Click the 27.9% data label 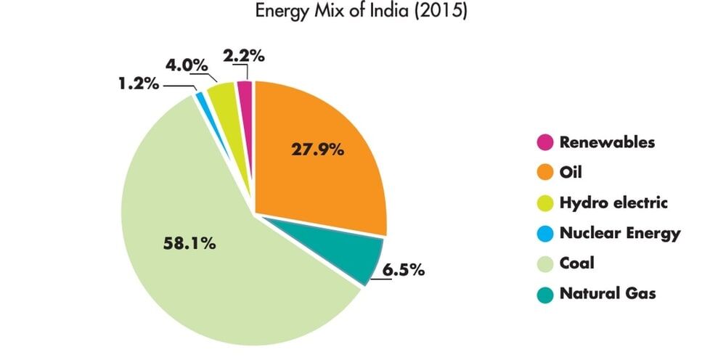point(318,151)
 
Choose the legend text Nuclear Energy point(620,233)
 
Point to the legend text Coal point(577,263)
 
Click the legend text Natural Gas point(608,294)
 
